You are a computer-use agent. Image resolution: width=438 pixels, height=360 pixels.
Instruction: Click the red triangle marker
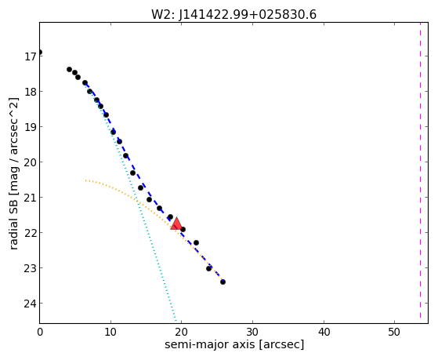tap(176, 224)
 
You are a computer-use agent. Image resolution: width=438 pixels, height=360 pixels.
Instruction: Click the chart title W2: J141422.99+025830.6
tap(233, 15)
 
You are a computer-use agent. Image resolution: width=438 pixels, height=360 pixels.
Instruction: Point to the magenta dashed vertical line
tap(420, 171)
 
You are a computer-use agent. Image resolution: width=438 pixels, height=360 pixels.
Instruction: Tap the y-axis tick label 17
tap(31, 56)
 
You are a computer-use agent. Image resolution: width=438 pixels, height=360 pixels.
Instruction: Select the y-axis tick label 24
tap(31, 304)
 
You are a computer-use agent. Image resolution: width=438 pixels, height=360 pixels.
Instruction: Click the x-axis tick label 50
tap(394, 332)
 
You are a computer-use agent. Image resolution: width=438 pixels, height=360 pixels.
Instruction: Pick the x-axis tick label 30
tap(252, 332)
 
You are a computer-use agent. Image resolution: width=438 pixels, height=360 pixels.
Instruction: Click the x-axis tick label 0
tap(40, 332)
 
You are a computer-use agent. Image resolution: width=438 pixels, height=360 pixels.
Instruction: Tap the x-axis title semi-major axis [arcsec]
tap(234, 344)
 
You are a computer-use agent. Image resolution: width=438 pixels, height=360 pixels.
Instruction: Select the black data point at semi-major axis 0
tap(40, 52)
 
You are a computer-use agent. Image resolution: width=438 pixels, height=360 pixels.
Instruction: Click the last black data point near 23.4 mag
tap(223, 282)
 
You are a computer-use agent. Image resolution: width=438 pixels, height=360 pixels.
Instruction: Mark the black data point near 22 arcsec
tap(196, 242)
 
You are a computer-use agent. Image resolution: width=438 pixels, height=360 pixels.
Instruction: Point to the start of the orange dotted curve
tap(86, 180)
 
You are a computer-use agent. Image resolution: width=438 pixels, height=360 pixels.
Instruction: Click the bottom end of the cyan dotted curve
tap(176, 321)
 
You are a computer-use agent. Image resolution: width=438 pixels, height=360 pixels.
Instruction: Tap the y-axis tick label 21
tap(31, 198)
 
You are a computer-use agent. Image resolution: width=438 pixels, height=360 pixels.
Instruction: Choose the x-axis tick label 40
tap(324, 332)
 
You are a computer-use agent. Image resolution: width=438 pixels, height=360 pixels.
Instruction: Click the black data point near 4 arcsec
tap(69, 69)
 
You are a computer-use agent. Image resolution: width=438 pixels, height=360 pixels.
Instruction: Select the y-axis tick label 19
tap(31, 127)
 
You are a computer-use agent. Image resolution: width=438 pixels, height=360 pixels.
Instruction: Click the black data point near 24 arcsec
tap(208, 268)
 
